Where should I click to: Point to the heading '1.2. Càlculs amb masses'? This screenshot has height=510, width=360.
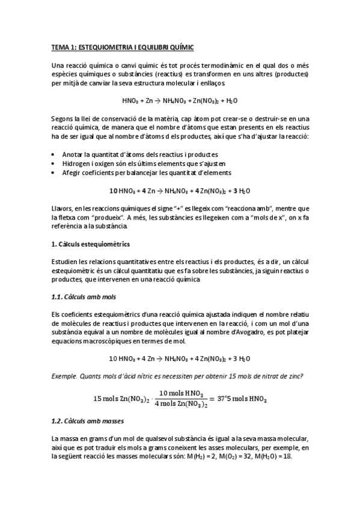point(88,421)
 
